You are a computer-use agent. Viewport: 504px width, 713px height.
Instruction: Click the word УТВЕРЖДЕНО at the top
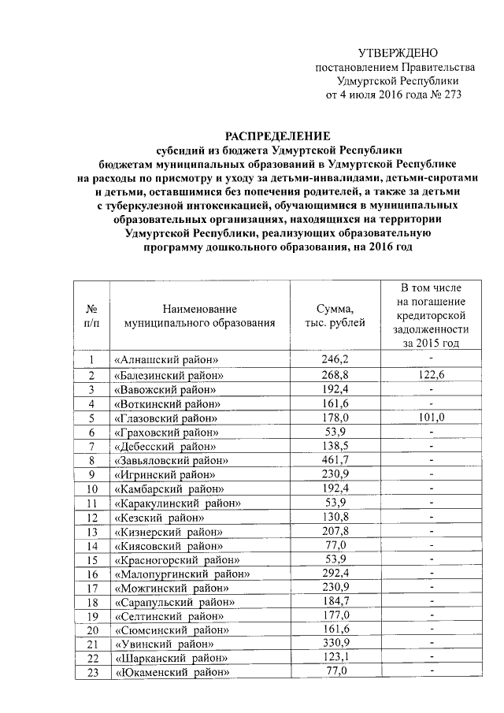[398, 53]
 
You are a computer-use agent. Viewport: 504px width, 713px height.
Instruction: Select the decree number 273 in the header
[447, 95]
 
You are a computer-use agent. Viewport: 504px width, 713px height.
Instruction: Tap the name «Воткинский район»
[164, 403]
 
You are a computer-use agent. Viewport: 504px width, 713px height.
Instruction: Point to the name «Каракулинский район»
[175, 503]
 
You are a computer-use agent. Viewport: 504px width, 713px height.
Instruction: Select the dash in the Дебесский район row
[431, 445]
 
